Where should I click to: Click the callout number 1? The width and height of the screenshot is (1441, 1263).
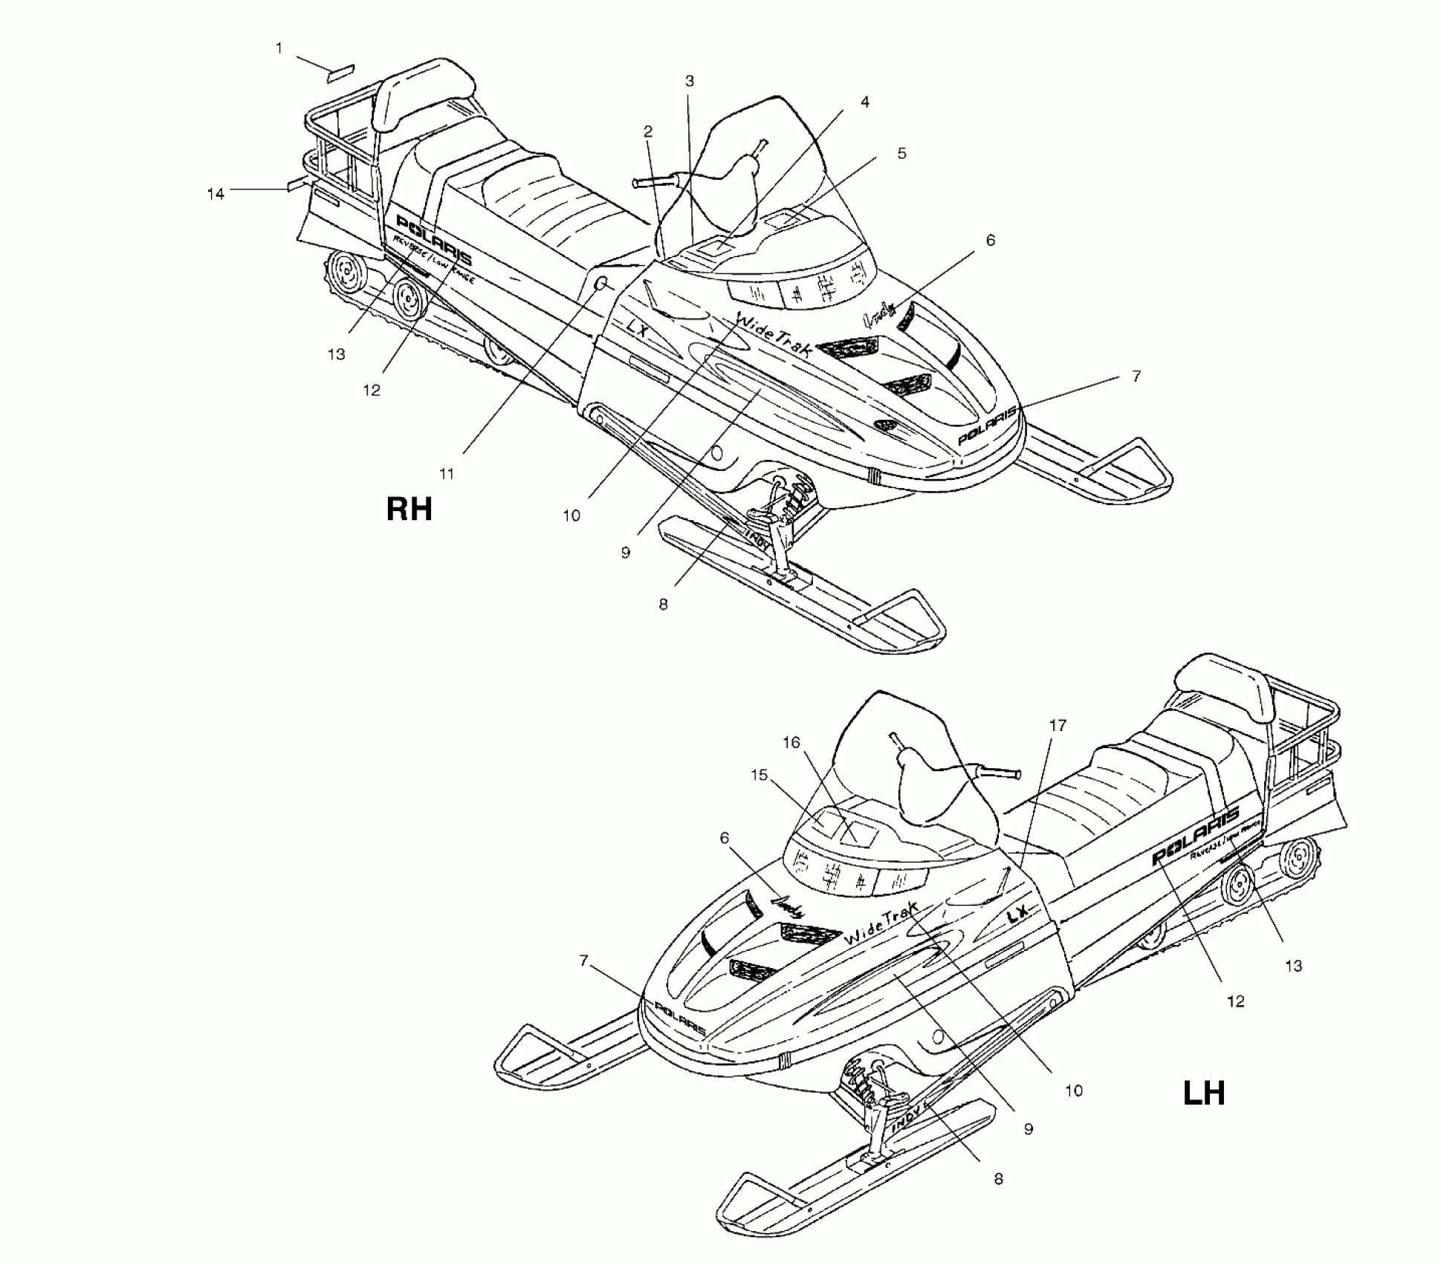point(279,48)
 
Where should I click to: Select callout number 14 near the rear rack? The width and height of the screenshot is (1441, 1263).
point(216,194)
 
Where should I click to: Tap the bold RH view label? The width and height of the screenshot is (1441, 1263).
point(409,510)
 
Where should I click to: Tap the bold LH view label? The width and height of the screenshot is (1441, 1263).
point(1203,1093)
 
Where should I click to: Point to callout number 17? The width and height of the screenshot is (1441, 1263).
point(1057,725)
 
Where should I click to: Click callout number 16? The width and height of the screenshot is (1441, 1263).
point(791,742)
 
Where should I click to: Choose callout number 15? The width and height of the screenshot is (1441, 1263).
point(759,775)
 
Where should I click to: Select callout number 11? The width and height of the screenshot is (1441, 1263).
point(446,473)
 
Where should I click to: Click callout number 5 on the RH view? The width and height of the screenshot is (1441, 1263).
point(901,153)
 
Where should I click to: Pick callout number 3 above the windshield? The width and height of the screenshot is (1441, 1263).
point(689,81)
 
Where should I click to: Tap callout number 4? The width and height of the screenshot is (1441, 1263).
point(864,102)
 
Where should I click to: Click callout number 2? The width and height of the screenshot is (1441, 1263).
point(648,132)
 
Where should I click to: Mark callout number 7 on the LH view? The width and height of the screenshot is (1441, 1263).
point(584,961)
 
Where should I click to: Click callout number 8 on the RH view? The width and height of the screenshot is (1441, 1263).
point(663,604)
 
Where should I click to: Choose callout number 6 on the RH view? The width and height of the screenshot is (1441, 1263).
point(990,240)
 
